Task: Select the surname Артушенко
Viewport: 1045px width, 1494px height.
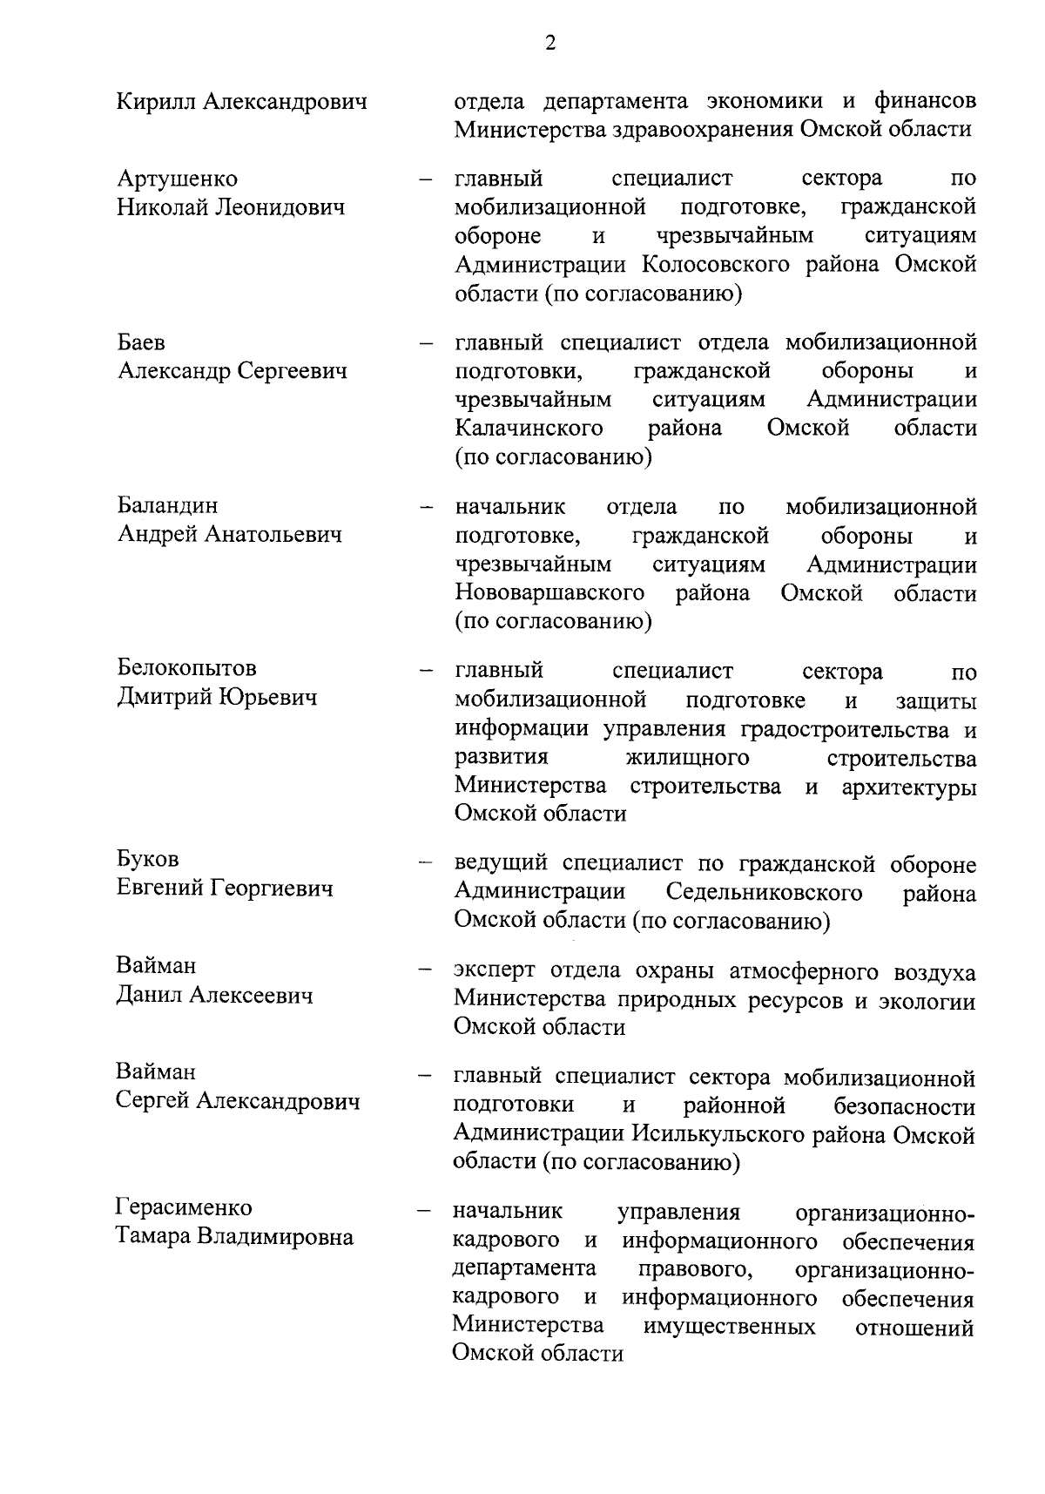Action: [178, 179]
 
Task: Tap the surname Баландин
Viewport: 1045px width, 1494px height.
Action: [168, 506]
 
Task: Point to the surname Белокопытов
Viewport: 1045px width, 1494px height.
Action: [187, 669]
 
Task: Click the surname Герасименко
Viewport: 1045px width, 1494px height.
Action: [184, 1208]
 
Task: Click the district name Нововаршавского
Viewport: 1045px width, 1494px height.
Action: [549, 594]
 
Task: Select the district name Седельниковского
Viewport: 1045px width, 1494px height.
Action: [764, 894]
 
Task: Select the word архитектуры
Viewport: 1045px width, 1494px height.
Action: [908, 788]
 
